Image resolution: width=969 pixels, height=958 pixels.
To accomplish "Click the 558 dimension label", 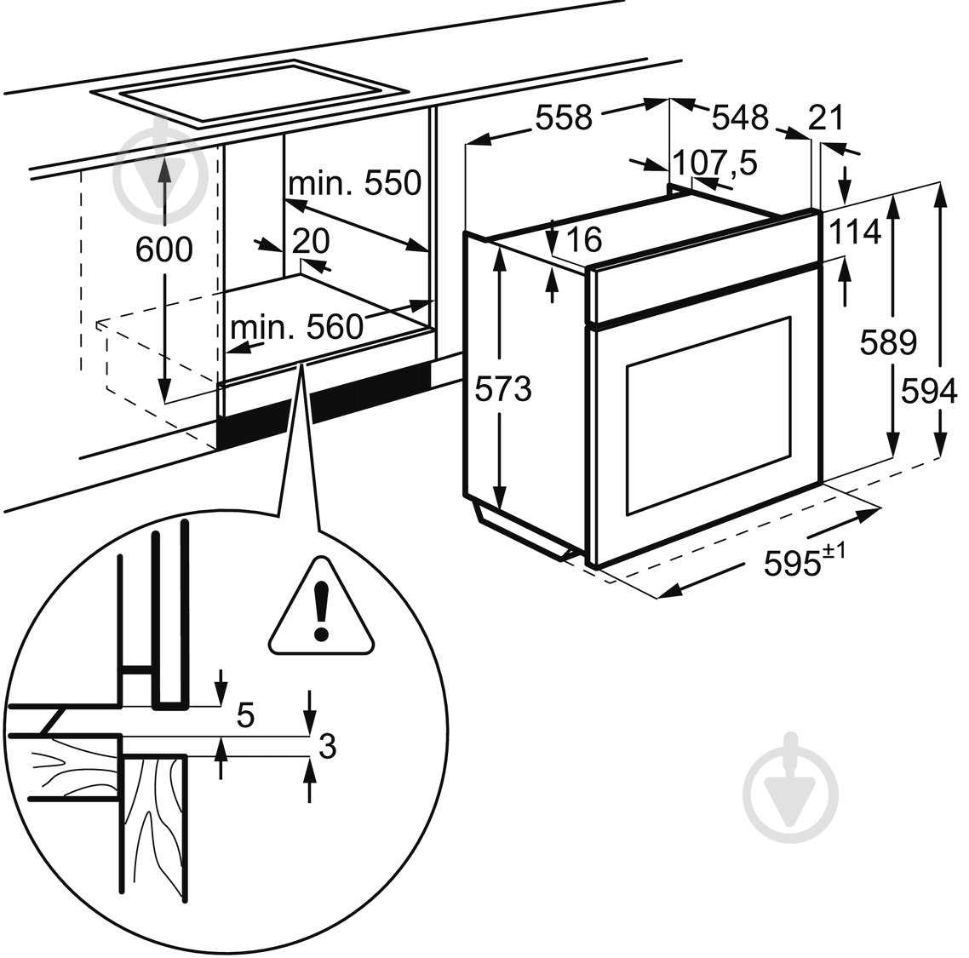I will [563, 118].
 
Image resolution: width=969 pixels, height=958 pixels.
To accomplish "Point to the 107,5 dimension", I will [715, 163].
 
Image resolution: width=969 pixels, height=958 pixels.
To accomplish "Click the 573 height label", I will [502, 389].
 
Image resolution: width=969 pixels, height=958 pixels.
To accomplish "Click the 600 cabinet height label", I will [163, 250].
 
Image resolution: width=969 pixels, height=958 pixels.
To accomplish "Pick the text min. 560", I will [296, 327].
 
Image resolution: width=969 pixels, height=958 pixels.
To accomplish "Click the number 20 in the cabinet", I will [310, 242].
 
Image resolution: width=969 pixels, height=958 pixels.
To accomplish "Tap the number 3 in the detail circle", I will [326, 747].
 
